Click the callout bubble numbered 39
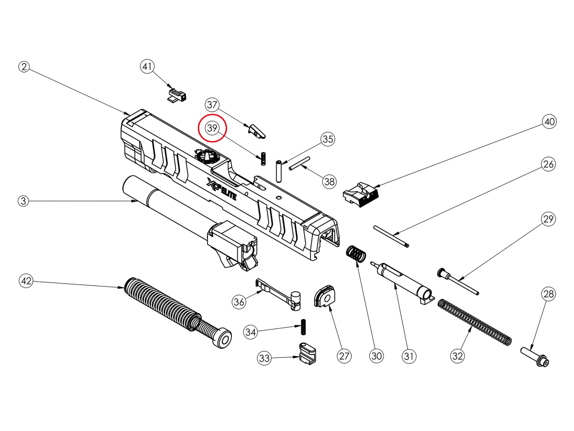[212, 128]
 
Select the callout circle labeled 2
[25, 67]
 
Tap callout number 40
[549, 122]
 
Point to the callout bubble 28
[549, 295]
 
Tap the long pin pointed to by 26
[392, 237]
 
